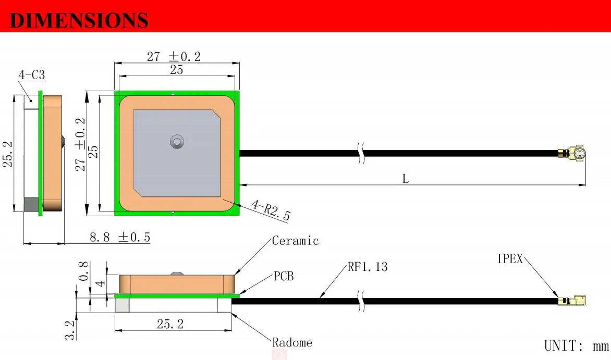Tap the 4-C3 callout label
[32, 75]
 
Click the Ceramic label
[295, 241]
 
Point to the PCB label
[284, 276]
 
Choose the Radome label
[292, 342]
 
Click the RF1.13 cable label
[368, 267]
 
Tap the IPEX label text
[509, 258]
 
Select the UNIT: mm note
[576, 346]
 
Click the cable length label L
[406, 179]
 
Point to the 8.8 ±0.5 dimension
[120, 238]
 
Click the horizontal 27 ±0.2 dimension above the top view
[174, 56]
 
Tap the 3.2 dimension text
[70, 329]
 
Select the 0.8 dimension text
[84, 271]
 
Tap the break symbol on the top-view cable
[360, 153]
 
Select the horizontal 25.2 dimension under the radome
[170, 324]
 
